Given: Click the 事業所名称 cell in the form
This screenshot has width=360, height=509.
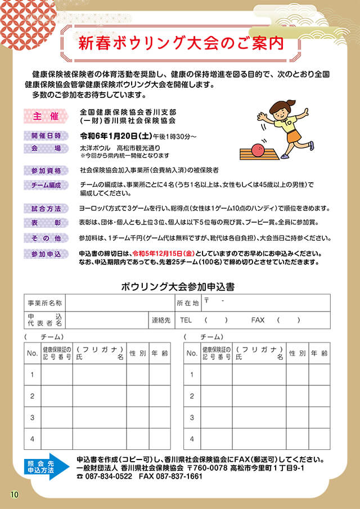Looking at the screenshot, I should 45,303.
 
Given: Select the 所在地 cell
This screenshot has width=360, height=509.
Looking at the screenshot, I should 188,303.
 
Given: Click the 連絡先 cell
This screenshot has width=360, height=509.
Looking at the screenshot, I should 161,319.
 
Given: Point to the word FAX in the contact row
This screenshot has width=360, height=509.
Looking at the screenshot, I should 258,319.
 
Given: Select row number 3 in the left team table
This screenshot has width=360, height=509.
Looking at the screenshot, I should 33,417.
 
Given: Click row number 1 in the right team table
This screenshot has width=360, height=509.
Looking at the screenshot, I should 192,375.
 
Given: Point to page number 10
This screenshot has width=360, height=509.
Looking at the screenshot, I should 14,494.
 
